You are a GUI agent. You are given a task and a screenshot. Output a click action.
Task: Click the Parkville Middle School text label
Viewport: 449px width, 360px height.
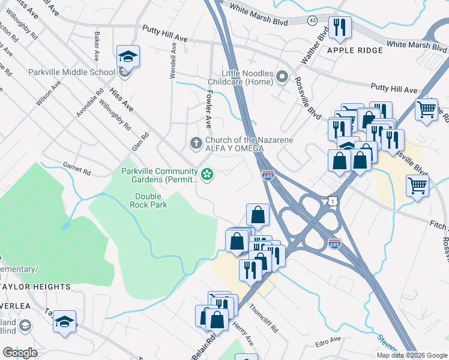tap(71, 73)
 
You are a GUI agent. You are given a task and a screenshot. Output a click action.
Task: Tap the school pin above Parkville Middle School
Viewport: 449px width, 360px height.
tap(128, 57)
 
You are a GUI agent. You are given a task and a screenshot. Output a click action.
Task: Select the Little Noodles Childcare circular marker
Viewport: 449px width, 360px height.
tap(283, 77)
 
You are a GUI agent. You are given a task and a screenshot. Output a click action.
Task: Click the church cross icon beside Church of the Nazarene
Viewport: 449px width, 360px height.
tap(195, 143)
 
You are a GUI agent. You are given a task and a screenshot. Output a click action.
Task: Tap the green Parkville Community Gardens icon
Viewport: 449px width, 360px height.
tap(208, 175)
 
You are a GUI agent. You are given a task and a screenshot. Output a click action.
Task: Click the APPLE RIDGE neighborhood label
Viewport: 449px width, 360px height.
tap(355, 50)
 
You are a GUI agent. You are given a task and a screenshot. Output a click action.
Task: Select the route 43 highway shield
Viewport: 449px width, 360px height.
tap(312, 20)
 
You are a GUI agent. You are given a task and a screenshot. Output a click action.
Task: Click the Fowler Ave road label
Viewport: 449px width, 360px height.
tap(208, 109)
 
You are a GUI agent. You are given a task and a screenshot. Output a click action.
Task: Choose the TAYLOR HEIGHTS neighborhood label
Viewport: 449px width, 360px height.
tap(35, 287)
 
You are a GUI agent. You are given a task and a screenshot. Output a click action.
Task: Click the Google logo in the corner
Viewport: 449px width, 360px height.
tap(20, 353)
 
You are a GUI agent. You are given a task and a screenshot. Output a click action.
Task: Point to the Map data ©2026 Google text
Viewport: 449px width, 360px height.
tap(411, 355)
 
